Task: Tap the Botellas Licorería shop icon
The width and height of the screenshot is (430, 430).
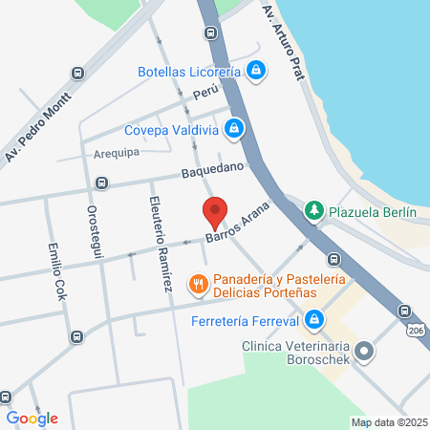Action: click(x=256, y=70)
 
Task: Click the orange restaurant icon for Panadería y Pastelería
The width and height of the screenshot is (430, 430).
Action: click(x=198, y=282)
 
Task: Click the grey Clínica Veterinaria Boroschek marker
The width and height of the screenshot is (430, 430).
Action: click(x=362, y=352)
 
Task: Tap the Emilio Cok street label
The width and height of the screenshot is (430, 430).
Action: click(x=56, y=270)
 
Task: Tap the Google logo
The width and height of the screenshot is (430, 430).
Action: click(x=32, y=418)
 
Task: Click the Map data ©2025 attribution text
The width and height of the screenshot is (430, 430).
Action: click(x=388, y=422)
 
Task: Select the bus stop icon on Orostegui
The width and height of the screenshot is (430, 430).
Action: click(x=101, y=183)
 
